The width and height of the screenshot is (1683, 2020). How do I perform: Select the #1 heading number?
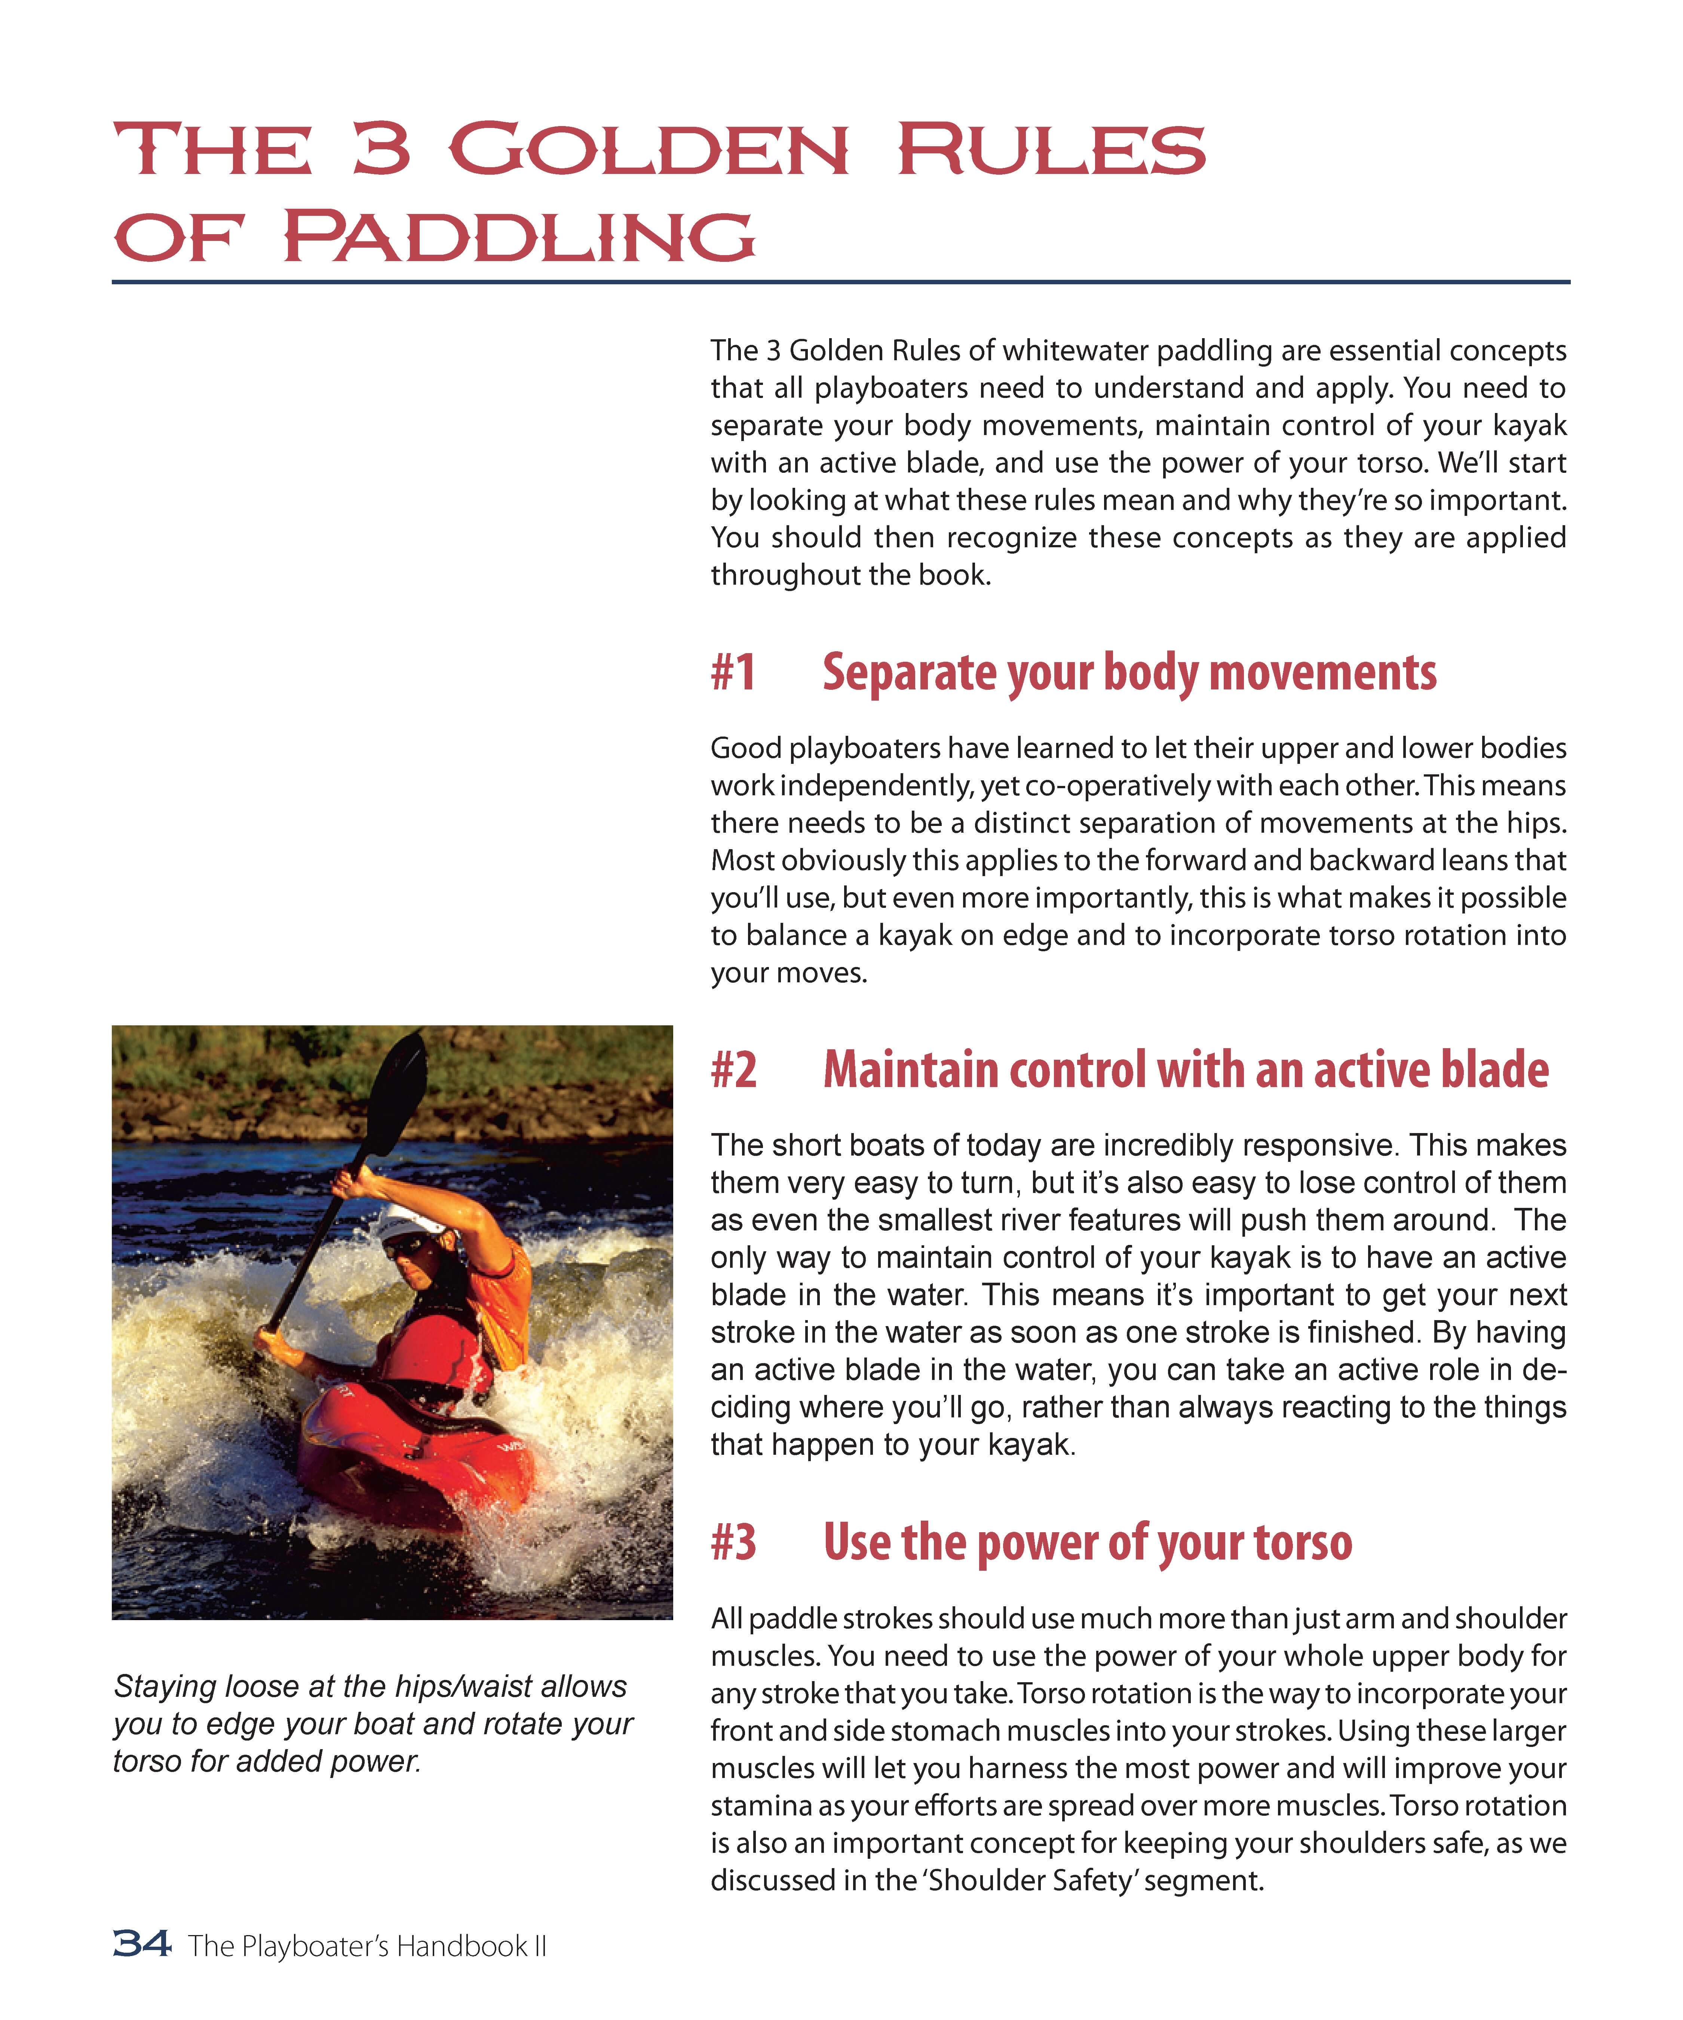pos(734,672)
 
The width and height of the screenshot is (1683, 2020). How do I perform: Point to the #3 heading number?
pos(734,1542)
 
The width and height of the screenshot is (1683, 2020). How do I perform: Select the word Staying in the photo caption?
pos(163,1686)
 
